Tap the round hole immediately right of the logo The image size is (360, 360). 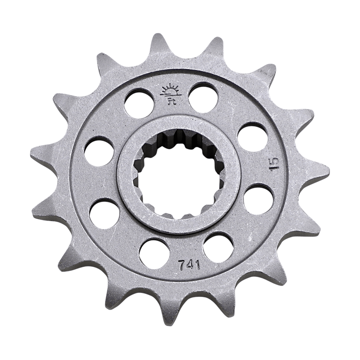coord(203,97)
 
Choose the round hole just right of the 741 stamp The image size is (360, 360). coord(218,247)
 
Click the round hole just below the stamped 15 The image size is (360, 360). coord(258,199)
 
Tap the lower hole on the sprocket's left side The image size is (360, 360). coord(104,214)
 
